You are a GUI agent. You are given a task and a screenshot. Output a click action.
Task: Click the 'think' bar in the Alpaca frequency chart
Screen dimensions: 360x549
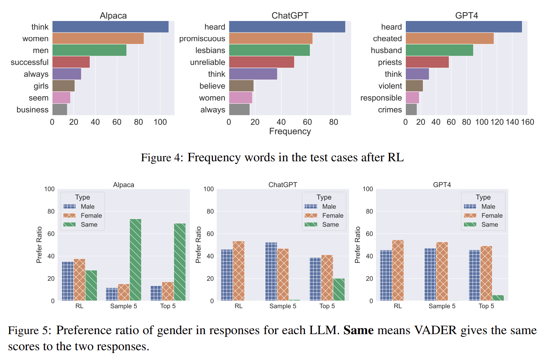[110, 27]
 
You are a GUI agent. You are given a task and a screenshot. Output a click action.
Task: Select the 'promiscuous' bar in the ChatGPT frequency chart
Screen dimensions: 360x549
[271, 38]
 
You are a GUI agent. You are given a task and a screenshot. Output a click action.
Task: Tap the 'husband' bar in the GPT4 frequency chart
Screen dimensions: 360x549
[439, 50]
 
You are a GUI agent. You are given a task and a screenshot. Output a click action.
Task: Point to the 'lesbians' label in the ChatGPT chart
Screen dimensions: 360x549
[210, 50]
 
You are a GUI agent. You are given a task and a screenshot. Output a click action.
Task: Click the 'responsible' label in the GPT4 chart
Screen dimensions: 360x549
[381, 98]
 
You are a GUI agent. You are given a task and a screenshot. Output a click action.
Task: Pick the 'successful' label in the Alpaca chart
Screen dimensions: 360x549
[29, 62]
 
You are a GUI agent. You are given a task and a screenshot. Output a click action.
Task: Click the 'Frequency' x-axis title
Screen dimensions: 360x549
[290, 132]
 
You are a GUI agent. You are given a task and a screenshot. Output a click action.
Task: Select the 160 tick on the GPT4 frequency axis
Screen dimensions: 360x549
[527, 122]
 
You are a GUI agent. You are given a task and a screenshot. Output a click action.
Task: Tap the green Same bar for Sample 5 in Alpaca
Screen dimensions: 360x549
[135, 260]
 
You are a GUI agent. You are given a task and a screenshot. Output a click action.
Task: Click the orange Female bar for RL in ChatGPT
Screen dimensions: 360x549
[238, 270]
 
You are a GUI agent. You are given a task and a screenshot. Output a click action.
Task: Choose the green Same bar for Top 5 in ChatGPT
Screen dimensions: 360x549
[339, 289]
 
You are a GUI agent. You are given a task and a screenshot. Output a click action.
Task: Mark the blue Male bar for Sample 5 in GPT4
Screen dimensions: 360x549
[430, 274]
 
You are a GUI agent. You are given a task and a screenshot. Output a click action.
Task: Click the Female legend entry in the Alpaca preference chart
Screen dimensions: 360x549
[83, 216]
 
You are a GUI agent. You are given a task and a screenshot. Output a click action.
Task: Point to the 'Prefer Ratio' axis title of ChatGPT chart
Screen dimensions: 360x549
[199, 245]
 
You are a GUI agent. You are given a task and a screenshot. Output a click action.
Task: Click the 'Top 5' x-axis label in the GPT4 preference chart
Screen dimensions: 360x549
[486, 306]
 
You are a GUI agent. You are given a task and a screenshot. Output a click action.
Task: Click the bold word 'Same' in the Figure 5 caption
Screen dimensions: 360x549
[359, 330]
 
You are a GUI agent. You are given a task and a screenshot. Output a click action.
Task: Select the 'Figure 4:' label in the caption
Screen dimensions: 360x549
[162, 158]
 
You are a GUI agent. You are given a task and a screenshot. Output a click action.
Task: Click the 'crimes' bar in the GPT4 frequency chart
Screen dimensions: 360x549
[411, 110]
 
